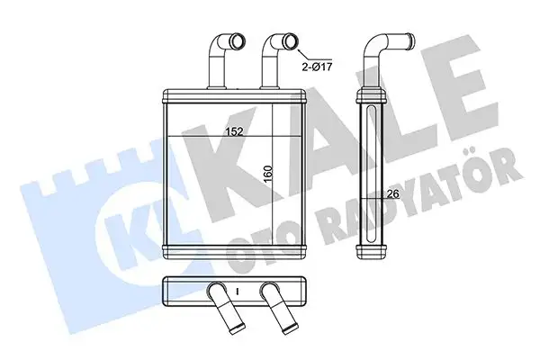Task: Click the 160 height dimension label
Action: tap(267, 171)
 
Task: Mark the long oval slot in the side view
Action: tap(370, 171)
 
